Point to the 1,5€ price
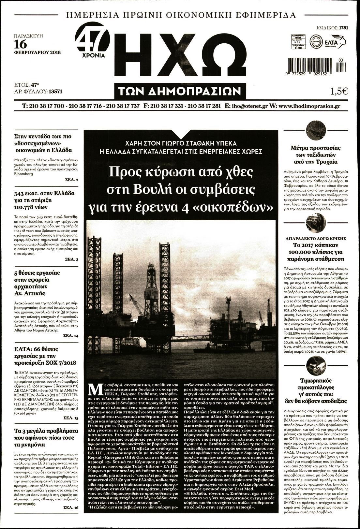[x=339, y=92]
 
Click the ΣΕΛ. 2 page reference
[x=72, y=180]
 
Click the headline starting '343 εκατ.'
[x=45, y=199]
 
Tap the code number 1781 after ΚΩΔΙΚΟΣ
[x=343, y=28]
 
